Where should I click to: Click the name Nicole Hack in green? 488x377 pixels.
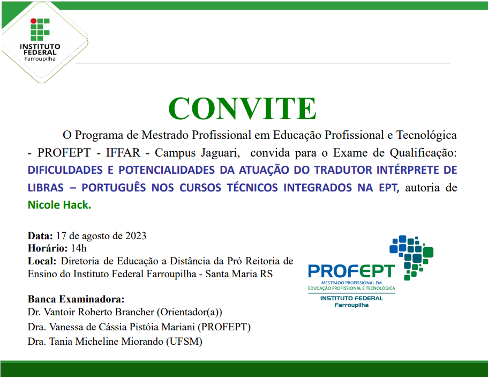tap(59, 205)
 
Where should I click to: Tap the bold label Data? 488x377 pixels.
tap(40, 235)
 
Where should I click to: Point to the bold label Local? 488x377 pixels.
tap(42, 261)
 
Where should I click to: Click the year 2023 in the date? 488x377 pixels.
tap(136, 235)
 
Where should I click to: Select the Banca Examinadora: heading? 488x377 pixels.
tap(76, 299)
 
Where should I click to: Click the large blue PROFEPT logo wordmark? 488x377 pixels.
tap(351, 271)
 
